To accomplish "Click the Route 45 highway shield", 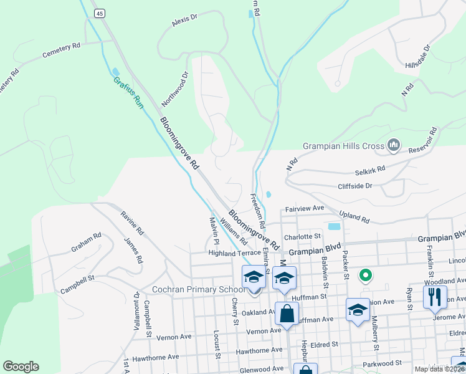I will coord(100,12).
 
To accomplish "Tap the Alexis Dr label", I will coord(184,21).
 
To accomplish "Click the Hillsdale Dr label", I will coord(418,56).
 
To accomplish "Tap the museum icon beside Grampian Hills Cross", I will coord(394,146).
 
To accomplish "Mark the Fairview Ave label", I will coord(305,208).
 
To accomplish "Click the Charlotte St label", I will coord(302,237).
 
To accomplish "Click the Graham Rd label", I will coord(86,242).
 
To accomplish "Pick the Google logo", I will coord(21,367).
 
